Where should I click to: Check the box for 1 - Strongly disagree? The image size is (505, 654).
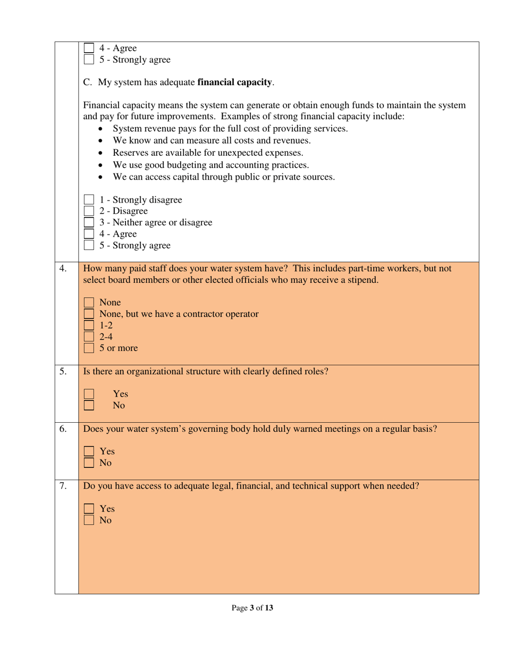click(89, 200)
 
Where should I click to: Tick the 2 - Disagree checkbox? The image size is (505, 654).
click(89, 211)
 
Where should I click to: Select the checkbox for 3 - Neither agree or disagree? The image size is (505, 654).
click(89, 223)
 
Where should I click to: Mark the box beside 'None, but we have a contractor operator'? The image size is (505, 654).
click(89, 314)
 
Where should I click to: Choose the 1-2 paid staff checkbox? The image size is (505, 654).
click(89, 325)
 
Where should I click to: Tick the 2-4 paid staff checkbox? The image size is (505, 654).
click(89, 337)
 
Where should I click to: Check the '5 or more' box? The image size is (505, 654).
click(89, 348)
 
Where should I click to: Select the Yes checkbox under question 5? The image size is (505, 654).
click(89, 394)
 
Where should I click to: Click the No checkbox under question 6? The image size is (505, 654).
click(89, 463)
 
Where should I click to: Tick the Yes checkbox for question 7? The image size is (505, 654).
click(89, 509)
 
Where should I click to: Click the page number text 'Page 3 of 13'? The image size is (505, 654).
click(252, 608)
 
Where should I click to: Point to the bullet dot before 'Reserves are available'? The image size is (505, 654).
click(102, 153)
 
